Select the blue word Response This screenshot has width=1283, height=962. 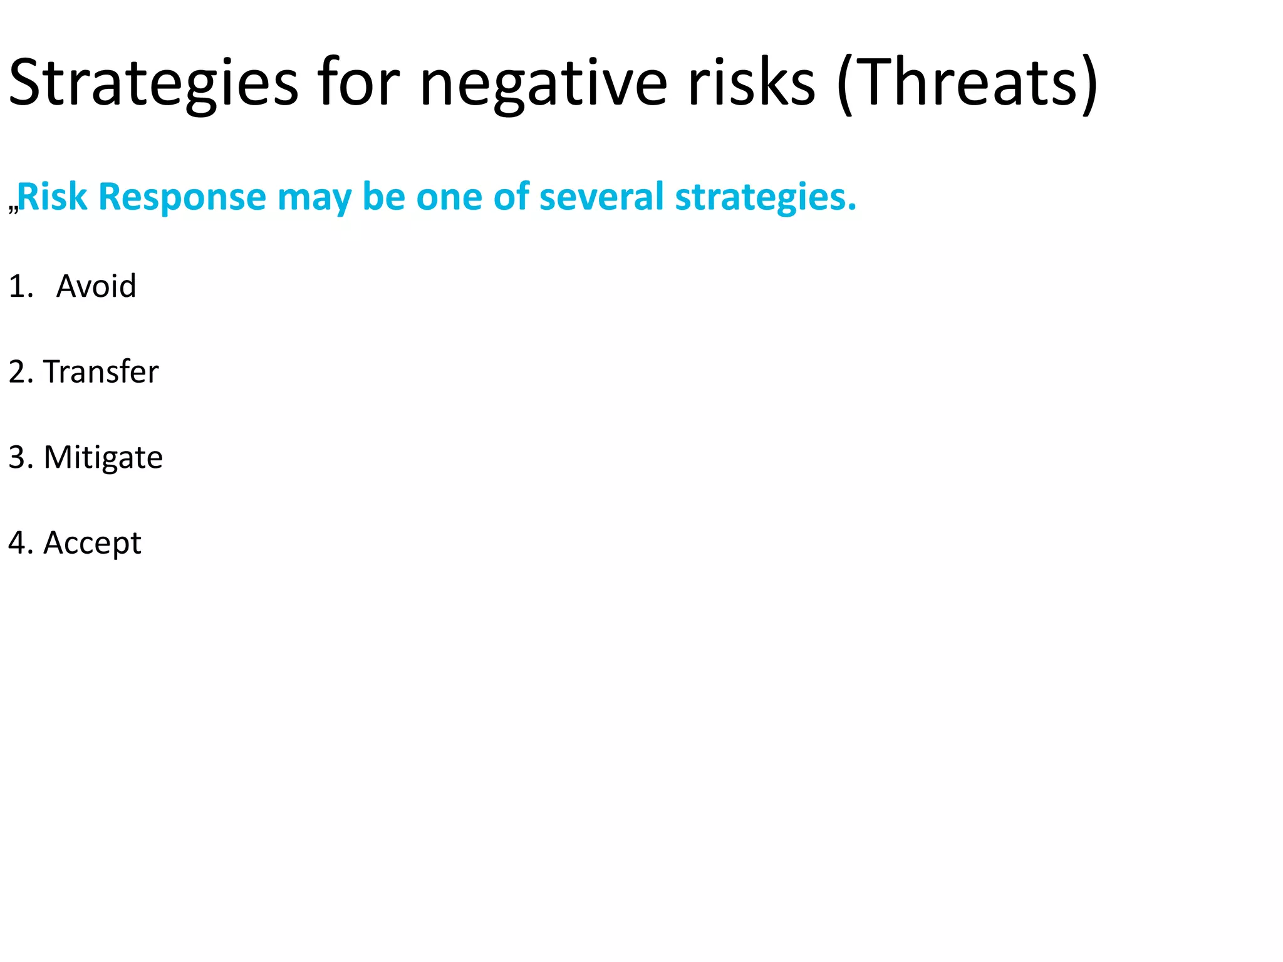tap(182, 197)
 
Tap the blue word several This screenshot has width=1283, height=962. tap(601, 197)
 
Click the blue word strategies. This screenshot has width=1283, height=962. tap(765, 197)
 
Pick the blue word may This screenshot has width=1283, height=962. tap(314, 197)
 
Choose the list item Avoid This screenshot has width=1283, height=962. tap(96, 286)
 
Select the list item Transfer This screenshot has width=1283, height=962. tap(101, 371)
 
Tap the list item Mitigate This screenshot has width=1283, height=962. tap(103, 457)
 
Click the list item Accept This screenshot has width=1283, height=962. tap(92, 543)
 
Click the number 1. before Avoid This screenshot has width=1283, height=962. tap(21, 286)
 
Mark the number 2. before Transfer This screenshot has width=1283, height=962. tap(21, 371)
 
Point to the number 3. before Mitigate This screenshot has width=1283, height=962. tap(21, 457)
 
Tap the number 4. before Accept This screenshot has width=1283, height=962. tap(21, 543)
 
